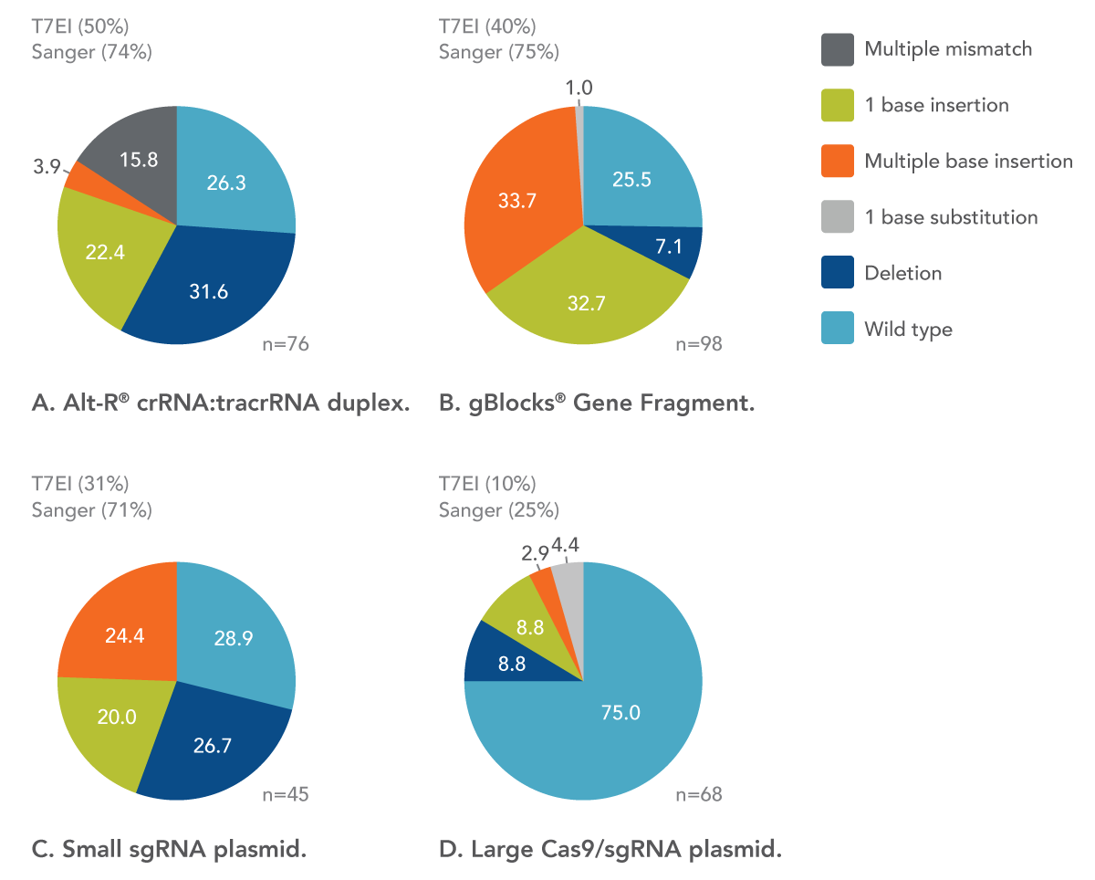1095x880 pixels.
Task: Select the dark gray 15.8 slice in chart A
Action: [x=137, y=160]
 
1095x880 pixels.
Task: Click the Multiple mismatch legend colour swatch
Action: [x=837, y=49]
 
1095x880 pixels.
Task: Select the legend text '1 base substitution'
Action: [x=951, y=217]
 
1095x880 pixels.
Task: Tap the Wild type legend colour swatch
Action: [x=837, y=330]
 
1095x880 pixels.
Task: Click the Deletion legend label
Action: [x=902, y=273]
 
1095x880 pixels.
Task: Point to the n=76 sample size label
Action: [x=287, y=344]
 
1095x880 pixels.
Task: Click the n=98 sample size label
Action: [x=699, y=344]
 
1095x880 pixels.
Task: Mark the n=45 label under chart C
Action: [x=285, y=794]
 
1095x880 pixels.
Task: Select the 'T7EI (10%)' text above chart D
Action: [x=487, y=483]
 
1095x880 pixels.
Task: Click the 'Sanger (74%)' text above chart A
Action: [x=91, y=52]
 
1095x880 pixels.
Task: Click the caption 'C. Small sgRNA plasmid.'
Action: [x=169, y=851]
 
